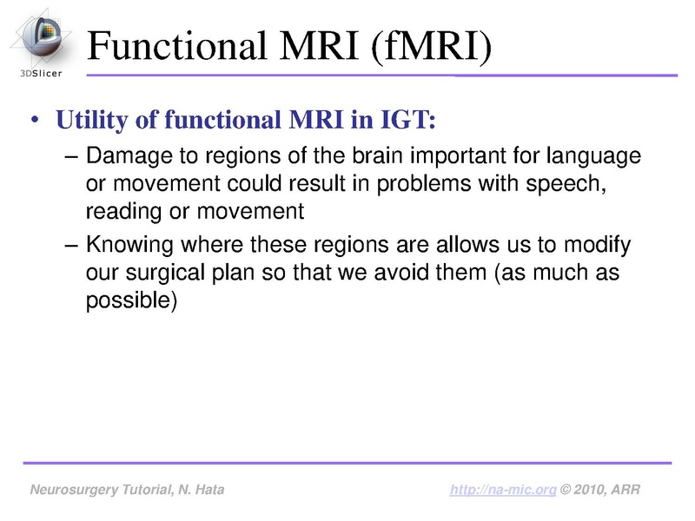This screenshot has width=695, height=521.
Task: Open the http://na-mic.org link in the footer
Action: [503, 491]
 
